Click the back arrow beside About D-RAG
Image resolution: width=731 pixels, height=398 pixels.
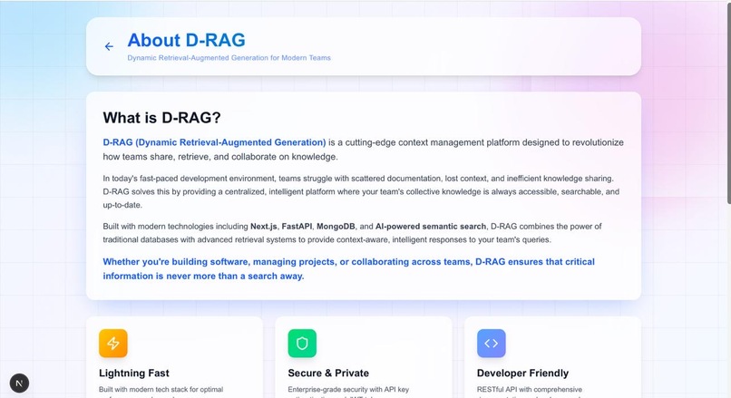(x=109, y=46)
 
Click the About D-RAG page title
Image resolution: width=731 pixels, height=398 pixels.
(x=186, y=40)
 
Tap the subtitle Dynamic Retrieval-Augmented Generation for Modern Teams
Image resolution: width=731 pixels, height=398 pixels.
(x=229, y=58)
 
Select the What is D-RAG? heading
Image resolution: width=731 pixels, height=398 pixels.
(x=161, y=118)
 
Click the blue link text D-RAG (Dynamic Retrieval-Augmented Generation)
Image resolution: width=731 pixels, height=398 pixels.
(x=214, y=142)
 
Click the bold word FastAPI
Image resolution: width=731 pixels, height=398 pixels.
(x=299, y=226)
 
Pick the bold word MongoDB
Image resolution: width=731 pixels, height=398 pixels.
(x=341, y=226)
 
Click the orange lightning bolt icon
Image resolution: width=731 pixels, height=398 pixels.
(x=113, y=344)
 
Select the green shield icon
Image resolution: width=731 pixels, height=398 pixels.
(x=302, y=344)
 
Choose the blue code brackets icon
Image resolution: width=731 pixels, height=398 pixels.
(x=491, y=344)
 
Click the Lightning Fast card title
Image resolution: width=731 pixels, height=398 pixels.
(x=134, y=373)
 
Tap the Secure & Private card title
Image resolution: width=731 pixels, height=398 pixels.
(x=328, y=373)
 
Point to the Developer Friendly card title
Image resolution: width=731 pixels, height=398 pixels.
(x=522, y=373)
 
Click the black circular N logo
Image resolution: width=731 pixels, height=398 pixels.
(x=18, y=383)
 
